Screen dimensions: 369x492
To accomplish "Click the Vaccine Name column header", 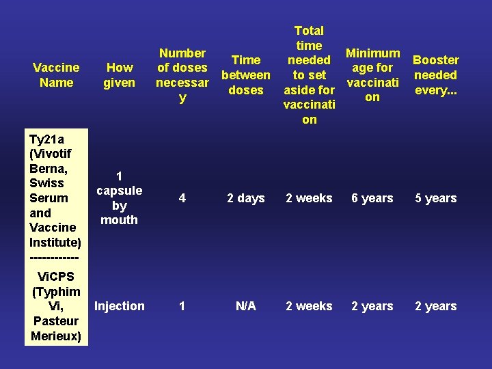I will click(56, 75).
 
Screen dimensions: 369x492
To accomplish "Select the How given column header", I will click(120, 75).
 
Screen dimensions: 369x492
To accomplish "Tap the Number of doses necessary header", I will click(182, 75).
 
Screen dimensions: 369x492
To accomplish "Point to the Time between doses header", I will click(246, 75).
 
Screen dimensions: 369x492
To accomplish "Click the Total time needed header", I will click(309, 75).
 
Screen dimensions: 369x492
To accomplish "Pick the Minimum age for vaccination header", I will click(372, 75).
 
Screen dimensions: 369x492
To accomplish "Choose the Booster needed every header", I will click(436, 75).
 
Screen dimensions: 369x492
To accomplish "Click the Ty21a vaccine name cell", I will click(55, 197).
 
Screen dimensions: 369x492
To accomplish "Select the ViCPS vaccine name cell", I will click(56, 306).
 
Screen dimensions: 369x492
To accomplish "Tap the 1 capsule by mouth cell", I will click(119, 197).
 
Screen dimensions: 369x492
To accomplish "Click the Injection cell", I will click(120, 306).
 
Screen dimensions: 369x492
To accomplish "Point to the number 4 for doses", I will click(182, 198).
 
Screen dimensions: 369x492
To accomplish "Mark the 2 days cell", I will click(246, 198).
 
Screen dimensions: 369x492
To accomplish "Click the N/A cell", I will click(246, 306).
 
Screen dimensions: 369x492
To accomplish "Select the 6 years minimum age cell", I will click(372, 198).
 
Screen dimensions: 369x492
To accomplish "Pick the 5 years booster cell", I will click(436, 198).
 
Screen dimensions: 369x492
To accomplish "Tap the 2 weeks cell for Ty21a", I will click(309, 198).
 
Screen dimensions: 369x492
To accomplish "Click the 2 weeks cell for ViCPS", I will click(309, 306).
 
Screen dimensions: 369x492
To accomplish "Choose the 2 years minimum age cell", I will click(372, 306).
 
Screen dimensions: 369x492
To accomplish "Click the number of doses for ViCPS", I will click(182, 306).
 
